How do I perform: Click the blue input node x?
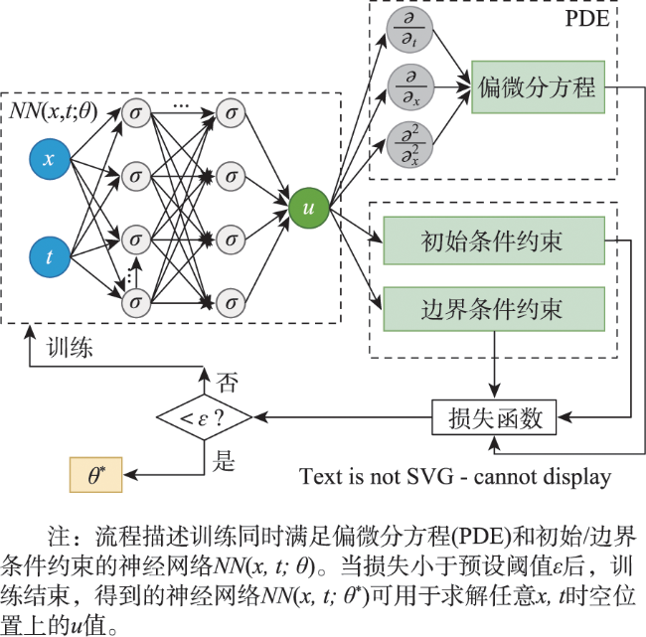pos(50,159)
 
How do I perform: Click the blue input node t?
pos(50,257)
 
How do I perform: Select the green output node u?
pos(308,208)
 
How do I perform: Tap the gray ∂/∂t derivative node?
pos(409,30)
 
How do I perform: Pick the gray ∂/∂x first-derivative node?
pos(410,86)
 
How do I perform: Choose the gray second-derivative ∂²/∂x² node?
pos(409,145)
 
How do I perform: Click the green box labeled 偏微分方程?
pos(538,86)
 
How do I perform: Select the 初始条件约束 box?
pos(494,240)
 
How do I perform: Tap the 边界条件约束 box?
pos(494,309)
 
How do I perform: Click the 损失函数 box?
pos(494,417)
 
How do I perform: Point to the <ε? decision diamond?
pos(205,417)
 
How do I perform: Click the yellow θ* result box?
pos(96,475)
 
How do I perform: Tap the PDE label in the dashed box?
pos(586,19)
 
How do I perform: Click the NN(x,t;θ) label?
pos(53,111)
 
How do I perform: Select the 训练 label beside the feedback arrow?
pos(70,347)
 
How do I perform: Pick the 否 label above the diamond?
pos(227,383)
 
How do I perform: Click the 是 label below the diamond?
pos(224,461)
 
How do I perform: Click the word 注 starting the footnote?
pos(59,536)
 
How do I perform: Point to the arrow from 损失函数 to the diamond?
pos(343,417)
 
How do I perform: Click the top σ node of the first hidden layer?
pos(136,113)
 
